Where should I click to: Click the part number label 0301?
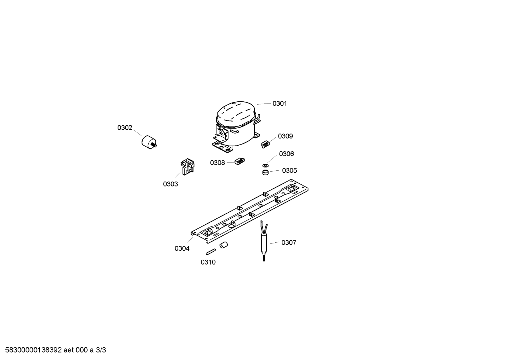(280, 104)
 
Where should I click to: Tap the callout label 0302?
(125, 128)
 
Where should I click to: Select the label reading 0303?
(170, 184)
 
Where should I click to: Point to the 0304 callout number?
(182, 249)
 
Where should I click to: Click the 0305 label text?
(289, 171)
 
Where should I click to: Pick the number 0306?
(286, 154)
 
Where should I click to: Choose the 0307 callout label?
(289, 243)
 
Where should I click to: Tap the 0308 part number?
(217, 163)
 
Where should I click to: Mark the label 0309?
(285, 136)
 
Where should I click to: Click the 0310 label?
(208, 262)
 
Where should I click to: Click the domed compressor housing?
(236, 126)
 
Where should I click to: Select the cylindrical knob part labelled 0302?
(149, 142)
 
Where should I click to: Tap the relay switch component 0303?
(188, 166)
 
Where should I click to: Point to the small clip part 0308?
(239, 161)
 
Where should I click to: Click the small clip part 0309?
(265, 144)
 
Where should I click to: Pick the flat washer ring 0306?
(265, 165)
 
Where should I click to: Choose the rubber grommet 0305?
(265, 172)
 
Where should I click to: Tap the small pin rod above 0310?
(211, 252)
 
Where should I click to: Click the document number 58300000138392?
(34, 350)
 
